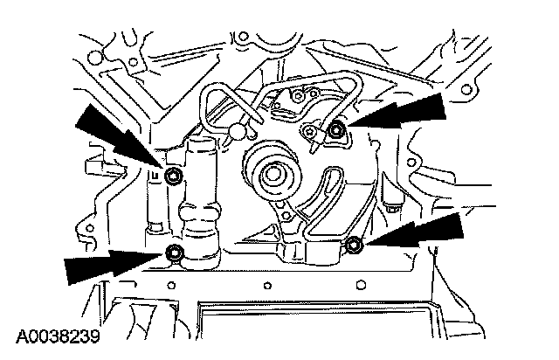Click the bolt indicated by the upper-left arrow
(174, 177)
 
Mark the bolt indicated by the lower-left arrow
(175, 253)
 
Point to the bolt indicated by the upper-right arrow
(336, 131)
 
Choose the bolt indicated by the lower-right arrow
(354, 246)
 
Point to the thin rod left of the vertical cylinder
(155, 205)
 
